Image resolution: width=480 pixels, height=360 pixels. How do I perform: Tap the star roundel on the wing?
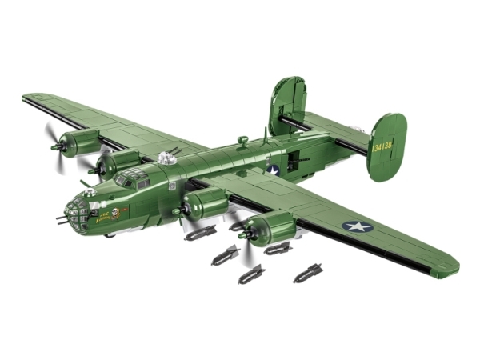pyautogui.click(x=358, y=226)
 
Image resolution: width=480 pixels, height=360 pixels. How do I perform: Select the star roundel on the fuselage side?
pyautogui.click(x=274, y=169)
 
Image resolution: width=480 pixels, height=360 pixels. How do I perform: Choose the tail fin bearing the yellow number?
pyautogui.click(x=386, y=146)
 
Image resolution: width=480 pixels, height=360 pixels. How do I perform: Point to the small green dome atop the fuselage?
pyautogui.click(x=242, y=141)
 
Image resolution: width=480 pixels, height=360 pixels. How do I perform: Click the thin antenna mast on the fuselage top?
pyautogui.click(x=265, y=134)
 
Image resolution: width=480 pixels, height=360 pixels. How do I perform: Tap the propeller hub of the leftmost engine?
pyautogui.click(x=55, y=146)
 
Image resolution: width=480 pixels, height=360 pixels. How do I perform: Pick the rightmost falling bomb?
pyautogui.click(x=308, y=274)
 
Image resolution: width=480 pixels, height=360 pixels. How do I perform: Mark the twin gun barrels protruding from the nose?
pyautogui.click(x=62, y=218)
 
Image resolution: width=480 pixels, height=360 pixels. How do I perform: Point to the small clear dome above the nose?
pyautogui.click(x=90, y=192)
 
